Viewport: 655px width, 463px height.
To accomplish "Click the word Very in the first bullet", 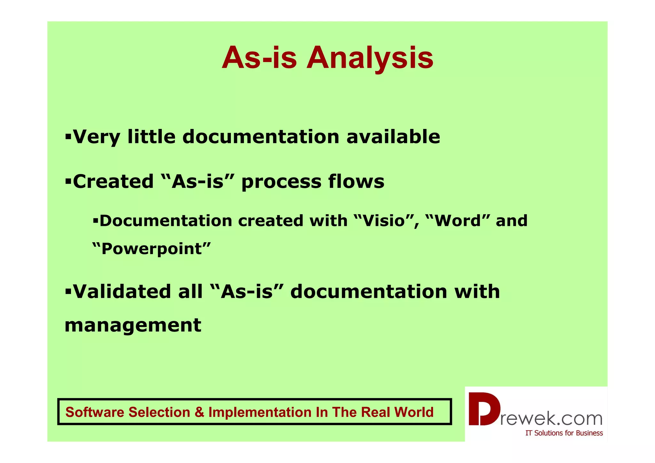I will (x=97, y=137).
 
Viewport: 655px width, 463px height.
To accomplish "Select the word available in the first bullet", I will (x=393, y=137).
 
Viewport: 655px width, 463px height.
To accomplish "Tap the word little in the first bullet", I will (x=151, y=137).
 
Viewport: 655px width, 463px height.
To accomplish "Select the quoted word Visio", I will (x=384, y=221).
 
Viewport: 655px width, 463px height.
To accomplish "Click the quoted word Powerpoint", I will (x=151, y=249).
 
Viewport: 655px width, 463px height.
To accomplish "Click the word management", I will (x=133, y=325).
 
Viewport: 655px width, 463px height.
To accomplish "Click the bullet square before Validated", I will (x=68, y=292).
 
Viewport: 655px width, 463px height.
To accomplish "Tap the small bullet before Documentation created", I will (x=95, y=221).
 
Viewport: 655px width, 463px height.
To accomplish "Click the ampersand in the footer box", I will (x=199, y=412).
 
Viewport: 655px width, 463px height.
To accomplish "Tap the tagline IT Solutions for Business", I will (x=564, y=433).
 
